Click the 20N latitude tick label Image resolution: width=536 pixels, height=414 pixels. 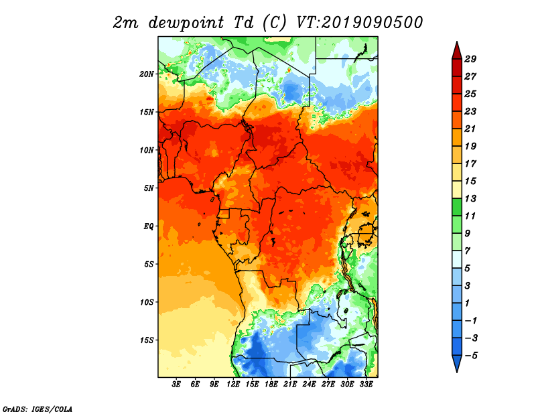[x=147, y=74]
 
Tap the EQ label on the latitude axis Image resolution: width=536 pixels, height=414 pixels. [x=148, y=226]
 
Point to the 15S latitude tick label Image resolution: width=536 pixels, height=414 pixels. [x=147, y=340]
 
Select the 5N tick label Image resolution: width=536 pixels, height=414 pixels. [x=149, y=188]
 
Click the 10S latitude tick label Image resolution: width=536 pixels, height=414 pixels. [x=147, y=302]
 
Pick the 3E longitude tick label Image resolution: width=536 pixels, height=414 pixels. [x=176, y=385]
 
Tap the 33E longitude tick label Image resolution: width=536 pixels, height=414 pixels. [x=366, y=385]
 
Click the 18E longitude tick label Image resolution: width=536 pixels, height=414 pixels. [x=271, y=385]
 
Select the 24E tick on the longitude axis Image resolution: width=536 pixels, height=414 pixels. [x=309, y=385]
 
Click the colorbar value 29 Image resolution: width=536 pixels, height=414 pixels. [x=470, y=59]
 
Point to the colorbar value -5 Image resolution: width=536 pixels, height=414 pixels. [x=471, y=356]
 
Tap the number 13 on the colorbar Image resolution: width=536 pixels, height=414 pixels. [x=470, y=198]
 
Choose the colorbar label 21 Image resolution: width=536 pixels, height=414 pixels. [x=470, y=129]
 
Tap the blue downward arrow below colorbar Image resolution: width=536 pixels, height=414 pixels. [x=457, y=363]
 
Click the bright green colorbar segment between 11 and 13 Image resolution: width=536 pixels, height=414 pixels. [x=457, y=207]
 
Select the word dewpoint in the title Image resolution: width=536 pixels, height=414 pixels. [x=186, y=23]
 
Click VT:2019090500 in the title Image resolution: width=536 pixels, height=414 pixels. [x=359, y=23]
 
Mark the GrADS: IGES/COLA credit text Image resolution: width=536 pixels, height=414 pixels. [x=38, y=409]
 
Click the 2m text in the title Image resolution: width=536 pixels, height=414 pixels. [x=126, y=23]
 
